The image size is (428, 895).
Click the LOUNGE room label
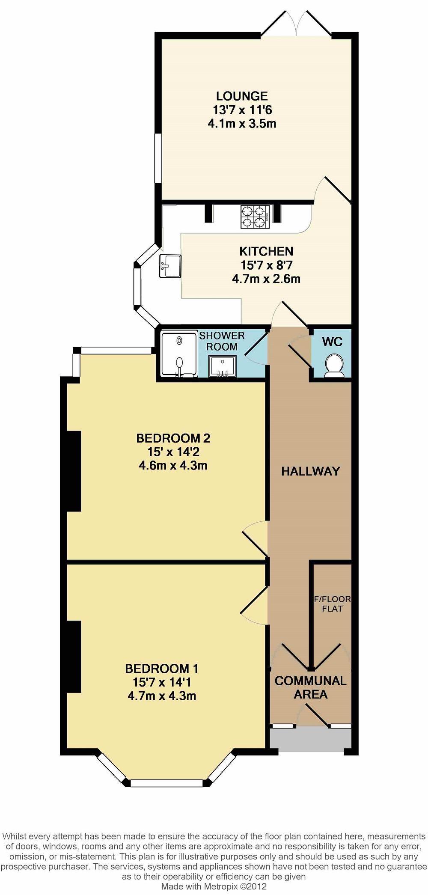tap(242, 96)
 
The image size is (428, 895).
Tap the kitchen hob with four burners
tap(255, 217)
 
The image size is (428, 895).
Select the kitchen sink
tap(170, 266)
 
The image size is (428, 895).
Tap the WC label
tap(332, 342)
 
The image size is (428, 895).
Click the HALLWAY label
tap(310, 471)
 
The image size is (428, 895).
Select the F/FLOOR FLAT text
tap(332, 604)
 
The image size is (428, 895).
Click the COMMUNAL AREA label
tap(310, 687)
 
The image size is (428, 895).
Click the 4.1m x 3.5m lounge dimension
tap(242, 124)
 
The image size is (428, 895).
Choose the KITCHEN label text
tap(266, 251)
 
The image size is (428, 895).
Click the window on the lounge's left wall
tap(158, 159)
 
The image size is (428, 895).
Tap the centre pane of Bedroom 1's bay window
tap(166, 783)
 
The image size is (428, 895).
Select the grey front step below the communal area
tap(310, 739)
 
